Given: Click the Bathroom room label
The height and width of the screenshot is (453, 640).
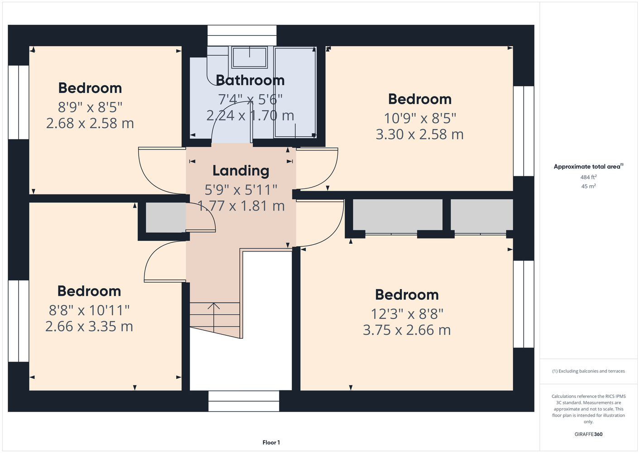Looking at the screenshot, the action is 250,80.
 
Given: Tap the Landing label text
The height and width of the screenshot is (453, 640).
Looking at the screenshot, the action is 241,171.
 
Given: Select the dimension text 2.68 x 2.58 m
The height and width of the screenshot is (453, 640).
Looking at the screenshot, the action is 90,124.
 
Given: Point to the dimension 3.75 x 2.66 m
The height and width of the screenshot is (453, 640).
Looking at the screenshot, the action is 407,330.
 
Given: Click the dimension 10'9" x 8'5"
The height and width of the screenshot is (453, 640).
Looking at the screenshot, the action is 420,118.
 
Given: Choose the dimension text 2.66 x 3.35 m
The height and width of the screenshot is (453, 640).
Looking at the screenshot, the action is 89,327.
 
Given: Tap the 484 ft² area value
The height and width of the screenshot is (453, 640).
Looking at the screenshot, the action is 588,177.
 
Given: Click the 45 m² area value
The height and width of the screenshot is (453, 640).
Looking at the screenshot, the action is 588,186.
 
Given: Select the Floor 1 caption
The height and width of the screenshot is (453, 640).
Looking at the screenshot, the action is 271,443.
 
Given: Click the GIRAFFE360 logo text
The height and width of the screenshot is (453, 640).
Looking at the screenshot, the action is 588,434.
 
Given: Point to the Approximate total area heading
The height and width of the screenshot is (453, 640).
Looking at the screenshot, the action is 588,166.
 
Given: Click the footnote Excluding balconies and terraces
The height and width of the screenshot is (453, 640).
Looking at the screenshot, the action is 588,371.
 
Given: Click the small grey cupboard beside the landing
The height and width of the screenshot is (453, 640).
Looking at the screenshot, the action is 166,217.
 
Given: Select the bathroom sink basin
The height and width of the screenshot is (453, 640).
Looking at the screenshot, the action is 250,57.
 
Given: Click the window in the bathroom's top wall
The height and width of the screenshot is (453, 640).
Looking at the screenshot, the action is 242,35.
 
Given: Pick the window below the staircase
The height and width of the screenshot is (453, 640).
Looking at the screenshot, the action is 244,401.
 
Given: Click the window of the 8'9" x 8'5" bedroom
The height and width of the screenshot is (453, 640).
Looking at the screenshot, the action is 19,102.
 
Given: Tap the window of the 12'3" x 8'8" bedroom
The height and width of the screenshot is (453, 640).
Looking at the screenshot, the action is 524,304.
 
